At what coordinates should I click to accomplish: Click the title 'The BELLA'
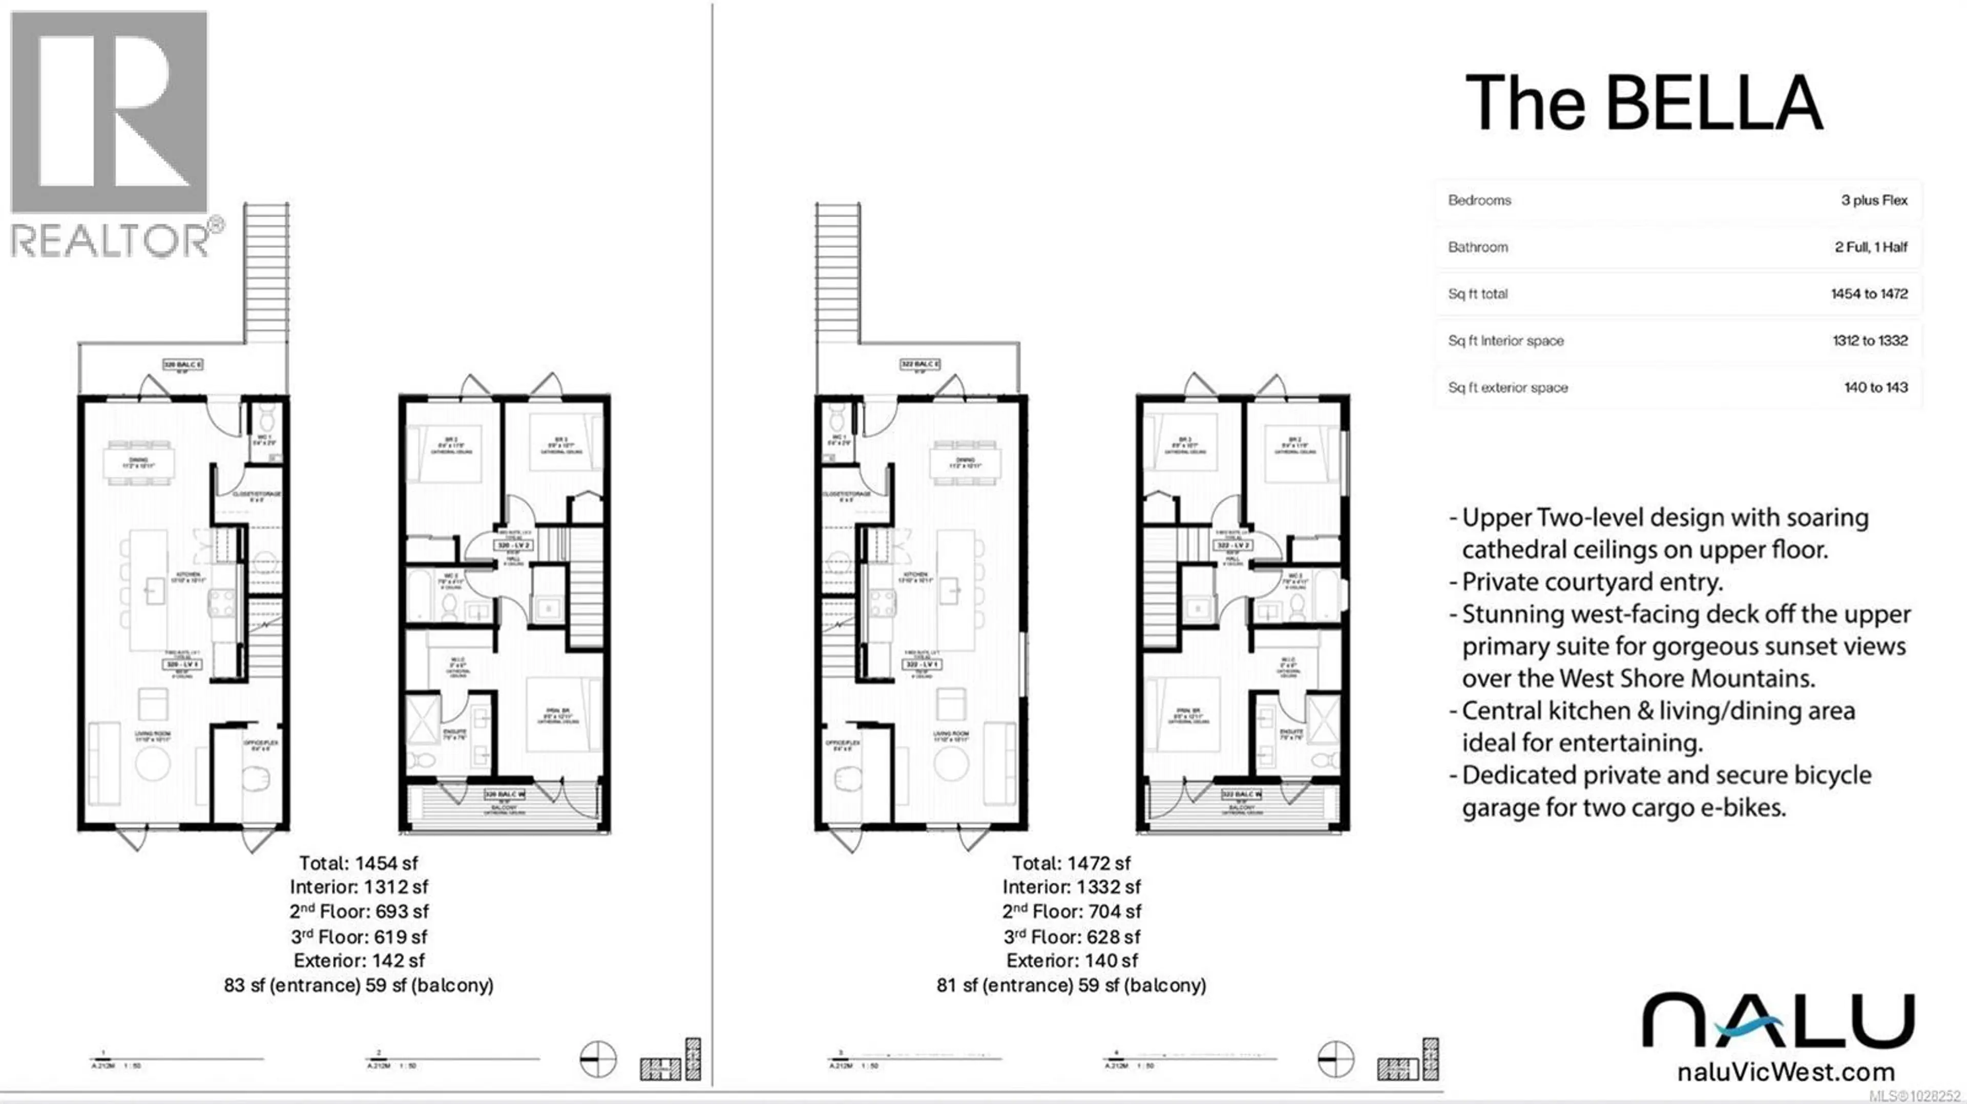pyautogui.click(x=1643, y=105)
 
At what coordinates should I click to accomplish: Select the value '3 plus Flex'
pyautogui.click(x=1873, y=200)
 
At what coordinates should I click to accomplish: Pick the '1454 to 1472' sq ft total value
pyautogui.click(x=1869, y=294)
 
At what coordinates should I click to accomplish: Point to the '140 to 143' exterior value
pyautogui.click(x=1875, y=388)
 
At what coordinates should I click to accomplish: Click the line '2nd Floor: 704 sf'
pyautogui.click(x=1071, y=911)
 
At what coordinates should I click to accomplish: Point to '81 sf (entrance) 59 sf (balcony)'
pyautogui.click(x=1071, y=986)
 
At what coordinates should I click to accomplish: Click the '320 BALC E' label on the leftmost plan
pyautogui.click(x=182, y=365)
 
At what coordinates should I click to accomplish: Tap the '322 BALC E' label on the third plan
pyautogui.click(x=919, y=365)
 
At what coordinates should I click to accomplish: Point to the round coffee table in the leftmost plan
pyautogui.click(x=152, y=763)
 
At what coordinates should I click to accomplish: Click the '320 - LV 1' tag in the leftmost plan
pyautogui.click(x=182, y=664)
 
